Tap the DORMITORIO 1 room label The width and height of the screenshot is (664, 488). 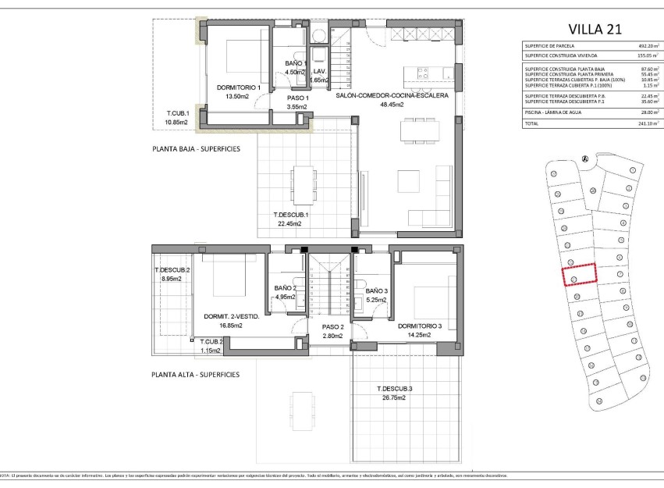[239, 87]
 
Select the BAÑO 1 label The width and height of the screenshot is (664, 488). [296, 63]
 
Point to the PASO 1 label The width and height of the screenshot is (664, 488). [296, 98]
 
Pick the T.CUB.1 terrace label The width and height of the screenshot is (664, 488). [178, 113]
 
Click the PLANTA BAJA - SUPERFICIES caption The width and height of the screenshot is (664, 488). [196, 148]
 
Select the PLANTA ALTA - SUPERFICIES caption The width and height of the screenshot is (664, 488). [196, 374]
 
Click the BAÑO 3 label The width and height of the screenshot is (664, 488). [376, 290]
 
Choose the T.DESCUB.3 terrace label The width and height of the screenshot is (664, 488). [394, 388]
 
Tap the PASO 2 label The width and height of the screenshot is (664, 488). [332, 327]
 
